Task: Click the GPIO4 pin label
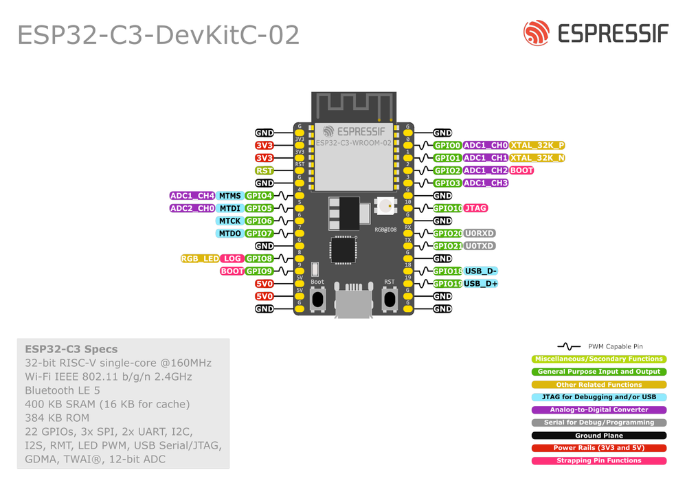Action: pos(259,196)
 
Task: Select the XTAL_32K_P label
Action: pos(538,146)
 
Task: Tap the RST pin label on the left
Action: pos(264,170)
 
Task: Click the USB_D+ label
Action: pos(481,284)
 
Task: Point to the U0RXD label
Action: pos(480,234)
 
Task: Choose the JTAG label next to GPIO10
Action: pos(476,208)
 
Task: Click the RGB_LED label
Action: pos(200,259)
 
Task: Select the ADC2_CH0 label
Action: pos(192,208)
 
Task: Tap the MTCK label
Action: pos(229,221)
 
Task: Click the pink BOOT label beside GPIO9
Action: pos(232,271)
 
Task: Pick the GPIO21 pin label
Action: pos(447,246)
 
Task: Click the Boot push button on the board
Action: pos(317,298)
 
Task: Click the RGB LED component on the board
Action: pos(384,205)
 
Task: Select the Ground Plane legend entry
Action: pos(599,436)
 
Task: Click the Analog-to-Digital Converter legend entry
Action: pos(599,410)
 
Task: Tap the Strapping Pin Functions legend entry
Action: pos(599,461)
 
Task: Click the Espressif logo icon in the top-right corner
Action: pos(537,33)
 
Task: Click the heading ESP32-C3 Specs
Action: pos(71,349)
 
